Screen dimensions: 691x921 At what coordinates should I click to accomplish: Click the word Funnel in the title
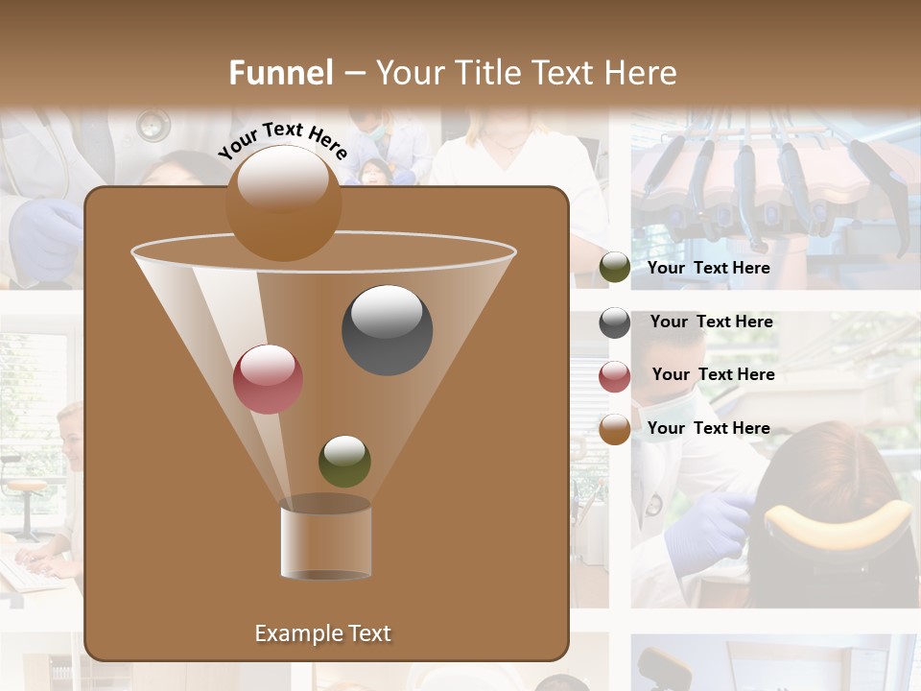pyautogui.click(x=281, y=73)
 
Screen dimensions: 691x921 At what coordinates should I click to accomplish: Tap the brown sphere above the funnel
pyautogui.click(x=283, y=203)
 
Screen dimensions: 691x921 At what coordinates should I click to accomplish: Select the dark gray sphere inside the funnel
pyautogui.click(x=387, y=330)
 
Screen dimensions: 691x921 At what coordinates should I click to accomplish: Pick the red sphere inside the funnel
pyautogui.click(x=268, y=379)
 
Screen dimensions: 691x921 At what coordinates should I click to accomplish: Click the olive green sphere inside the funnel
pyautogui.click(x=344, y=461)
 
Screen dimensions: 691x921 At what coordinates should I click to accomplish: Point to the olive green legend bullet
pyautogui.click(x=615, y=268)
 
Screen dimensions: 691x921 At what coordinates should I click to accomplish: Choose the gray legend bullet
pyautogui.click(x=615, y=322)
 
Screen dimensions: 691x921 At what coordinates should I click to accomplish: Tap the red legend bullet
pyautogui.click(x=615, y=376)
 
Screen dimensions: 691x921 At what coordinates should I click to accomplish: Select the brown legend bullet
pyautogui.click(x=615, y=429)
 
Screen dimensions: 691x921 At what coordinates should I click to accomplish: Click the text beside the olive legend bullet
pyautogui.click(x=708, y=268)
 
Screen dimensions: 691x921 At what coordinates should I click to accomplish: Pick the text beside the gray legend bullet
pyautogui.click(x=711, y=322)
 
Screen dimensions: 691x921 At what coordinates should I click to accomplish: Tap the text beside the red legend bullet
pyautogui.click(x=713, y=374)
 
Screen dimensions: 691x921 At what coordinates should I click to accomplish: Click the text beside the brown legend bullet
pyautogui.click(x=708, y=428)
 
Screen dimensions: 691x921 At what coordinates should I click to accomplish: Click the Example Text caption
pyautogui.click(x=322, y=633)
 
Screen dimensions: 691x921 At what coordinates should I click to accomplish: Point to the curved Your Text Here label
pyautogui.click(x=283, y=140)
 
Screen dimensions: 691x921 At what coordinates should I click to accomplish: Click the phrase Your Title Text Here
pyautogui.click(x=526, y=73)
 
